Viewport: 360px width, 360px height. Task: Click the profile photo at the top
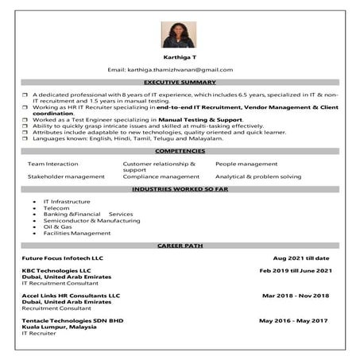[179, 35]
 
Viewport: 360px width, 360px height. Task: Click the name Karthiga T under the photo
[180, 58]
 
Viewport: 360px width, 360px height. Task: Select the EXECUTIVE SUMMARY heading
[180, 83]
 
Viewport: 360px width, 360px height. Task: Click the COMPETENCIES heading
[180, 151]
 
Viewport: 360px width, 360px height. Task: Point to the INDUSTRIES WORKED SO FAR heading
[180, 191]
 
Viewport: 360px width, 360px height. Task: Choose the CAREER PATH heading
[180, 246]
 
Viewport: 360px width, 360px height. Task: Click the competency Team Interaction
[53, 164]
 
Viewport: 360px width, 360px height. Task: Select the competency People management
[246, 164]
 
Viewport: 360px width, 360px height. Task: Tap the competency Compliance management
[161, 176]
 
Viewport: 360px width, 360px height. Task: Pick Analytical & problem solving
[258, 176]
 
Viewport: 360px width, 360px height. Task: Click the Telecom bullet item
[57, 208]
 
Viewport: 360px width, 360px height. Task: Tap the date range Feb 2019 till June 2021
[295, 271]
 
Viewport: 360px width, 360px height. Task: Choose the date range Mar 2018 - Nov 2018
[295, 296]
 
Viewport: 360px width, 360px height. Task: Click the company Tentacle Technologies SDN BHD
[73, 320]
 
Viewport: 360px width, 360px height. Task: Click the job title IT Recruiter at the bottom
[40, 334]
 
